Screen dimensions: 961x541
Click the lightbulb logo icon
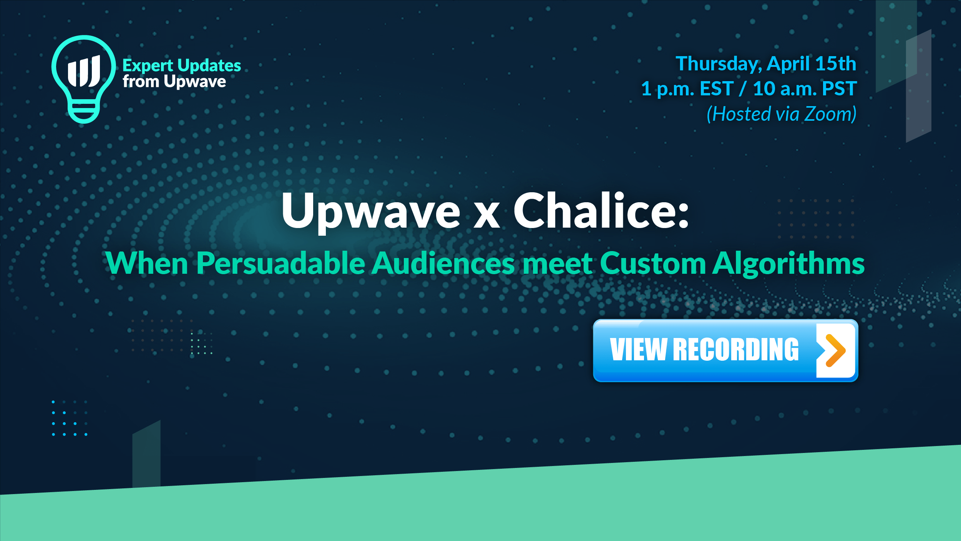(x=83, y=79)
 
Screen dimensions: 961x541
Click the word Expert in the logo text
(x=148, y=66)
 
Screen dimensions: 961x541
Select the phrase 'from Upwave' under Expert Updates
(x=174, y=82)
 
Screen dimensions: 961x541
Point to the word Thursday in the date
(x=719, y=64)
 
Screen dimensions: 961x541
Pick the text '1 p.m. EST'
(x=687, y=89)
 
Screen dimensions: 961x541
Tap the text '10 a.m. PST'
(x=805, y=89)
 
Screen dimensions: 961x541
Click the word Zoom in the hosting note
(x=830, y=114)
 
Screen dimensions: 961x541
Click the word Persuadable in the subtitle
(x=281, y=263)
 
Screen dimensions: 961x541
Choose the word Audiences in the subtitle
(x=444, y=263)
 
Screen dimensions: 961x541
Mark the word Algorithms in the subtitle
(x=788, y=264)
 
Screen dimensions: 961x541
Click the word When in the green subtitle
(x=147, y=263)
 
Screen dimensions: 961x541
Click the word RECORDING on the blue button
(x=736, y=350)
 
